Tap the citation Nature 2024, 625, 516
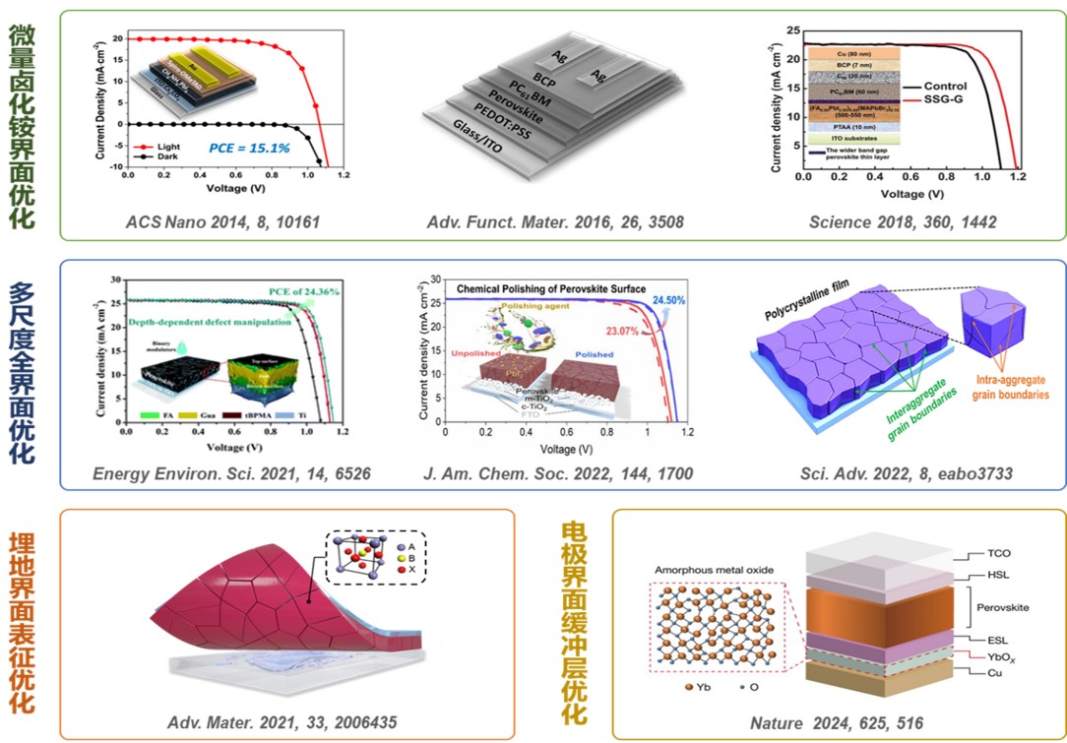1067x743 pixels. pyautogui.click(x=837, y=723)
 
